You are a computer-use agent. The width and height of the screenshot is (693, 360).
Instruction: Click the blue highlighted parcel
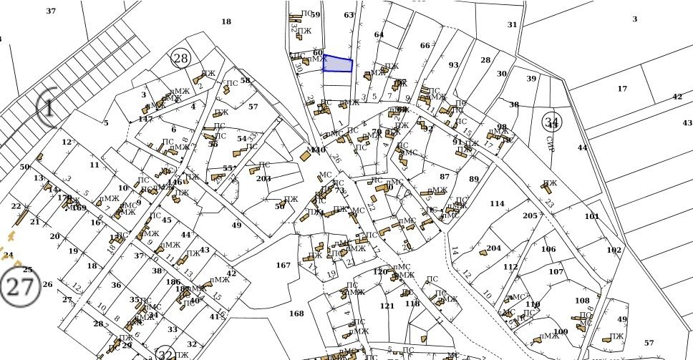[338, 64]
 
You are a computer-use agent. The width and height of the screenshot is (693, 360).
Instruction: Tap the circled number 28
[181, 59]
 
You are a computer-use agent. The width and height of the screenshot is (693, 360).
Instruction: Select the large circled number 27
[19, 286]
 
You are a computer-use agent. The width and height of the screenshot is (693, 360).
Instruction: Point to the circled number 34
[551, 121]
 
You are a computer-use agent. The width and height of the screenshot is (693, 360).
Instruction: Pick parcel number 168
[296, 313]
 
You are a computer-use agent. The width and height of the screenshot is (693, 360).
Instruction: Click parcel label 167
[283, 266]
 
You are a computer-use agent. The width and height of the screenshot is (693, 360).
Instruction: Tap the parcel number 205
[530, 216]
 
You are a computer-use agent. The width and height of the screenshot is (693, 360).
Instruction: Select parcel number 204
[493, 248]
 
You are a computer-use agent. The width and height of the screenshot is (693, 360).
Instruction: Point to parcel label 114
[497, 204]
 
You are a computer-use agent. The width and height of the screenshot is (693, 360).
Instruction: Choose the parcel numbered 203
[263, 178]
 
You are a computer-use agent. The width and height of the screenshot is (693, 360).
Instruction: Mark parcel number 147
[146, 119]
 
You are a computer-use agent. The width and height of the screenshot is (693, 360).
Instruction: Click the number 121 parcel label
[387, 306]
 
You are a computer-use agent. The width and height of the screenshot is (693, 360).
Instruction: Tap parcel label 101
[591, 216]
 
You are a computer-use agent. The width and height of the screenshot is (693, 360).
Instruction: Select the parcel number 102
[614, 250]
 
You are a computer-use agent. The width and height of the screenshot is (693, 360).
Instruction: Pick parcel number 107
[556, 272]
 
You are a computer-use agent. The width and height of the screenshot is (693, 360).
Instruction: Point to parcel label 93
[453, 65]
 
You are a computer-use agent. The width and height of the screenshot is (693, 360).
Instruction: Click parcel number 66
[425, 46]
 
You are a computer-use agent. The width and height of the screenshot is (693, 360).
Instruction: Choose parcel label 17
[622, 89]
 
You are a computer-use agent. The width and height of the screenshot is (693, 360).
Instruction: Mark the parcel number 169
[79, 208]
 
